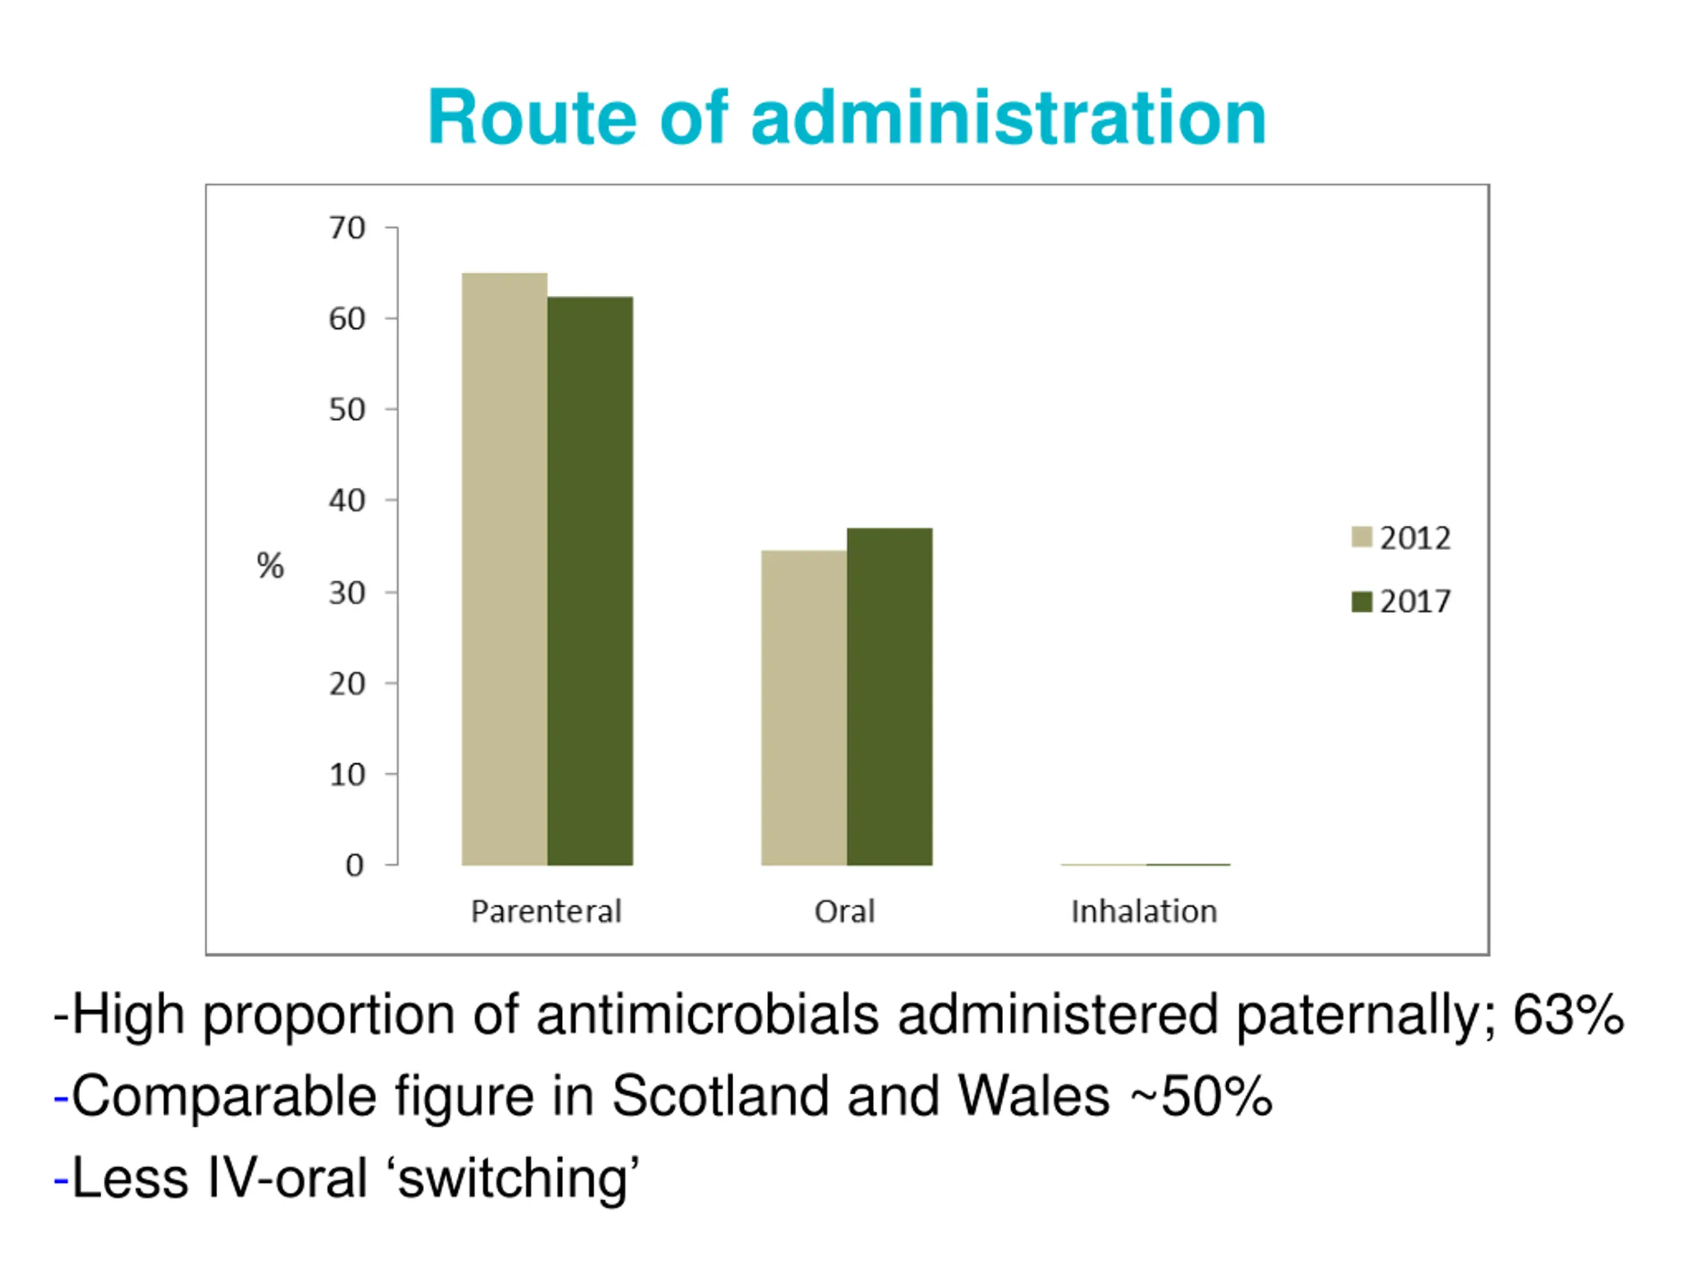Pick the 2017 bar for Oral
[x=889, y=696]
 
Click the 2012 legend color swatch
[x=1361, y=537]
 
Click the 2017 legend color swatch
[x=1361, y=601]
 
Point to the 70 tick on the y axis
[x=347, y=228]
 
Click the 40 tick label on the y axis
[x=347, y=501]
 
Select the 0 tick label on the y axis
[x=354, y=866]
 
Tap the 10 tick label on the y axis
[x=347, y=775]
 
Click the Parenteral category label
[x=546, y=912]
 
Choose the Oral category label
[x=845, y=912]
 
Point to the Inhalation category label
[x=1143, y=912]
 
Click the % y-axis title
[x=269, y=566]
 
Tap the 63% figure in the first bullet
[x=1568, y=1015]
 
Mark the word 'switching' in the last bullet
[x=517, y=1178]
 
